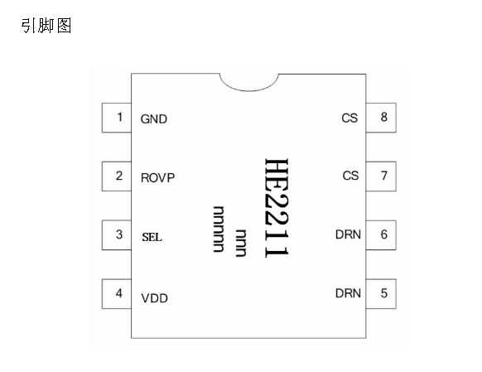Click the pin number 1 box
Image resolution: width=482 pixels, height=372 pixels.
coord(117,118)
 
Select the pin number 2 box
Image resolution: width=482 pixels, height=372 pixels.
coord(117,176)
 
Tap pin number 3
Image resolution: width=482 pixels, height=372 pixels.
coord(117,235)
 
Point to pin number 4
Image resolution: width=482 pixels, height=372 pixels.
coord(117,294)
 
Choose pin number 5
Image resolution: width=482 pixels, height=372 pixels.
coord(381,294)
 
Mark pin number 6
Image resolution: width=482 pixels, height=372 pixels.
coord(381,235)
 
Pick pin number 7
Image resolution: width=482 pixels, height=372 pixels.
coord(381,176)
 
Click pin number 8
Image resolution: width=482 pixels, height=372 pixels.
coord(381,118)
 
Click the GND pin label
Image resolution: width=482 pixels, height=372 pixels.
coord(154,119)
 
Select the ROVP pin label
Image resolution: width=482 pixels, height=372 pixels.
coord(157,178)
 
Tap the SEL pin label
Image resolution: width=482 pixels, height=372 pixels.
coord(152,237)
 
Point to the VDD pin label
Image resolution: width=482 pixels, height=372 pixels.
coord(154,298)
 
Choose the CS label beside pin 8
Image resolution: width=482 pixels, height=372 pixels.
coord(349,118)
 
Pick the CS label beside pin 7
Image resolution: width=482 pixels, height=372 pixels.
coord(350,176)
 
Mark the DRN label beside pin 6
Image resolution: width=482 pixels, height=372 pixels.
coord(348,234)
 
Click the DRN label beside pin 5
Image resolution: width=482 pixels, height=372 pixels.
coord(348,293)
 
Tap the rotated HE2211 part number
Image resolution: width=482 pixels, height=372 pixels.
coord(277,208)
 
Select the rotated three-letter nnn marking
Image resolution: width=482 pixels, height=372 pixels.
coord(241,243)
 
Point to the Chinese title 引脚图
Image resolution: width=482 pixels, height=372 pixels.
coord(46,26)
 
